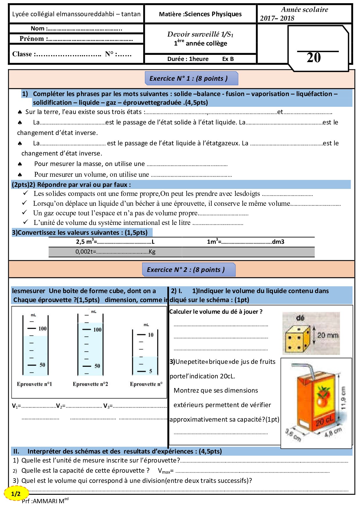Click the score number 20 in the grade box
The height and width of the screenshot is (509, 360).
(314, 57)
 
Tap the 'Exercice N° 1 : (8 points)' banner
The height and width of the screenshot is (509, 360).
(191, 78)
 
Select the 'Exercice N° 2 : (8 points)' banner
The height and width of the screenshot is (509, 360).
(188, 270)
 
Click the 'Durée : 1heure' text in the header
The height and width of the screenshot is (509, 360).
(188, 59)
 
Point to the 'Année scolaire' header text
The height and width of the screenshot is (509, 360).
(304, 10)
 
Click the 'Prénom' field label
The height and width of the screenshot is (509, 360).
(32, 39)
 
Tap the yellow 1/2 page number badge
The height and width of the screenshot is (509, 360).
(16, 494)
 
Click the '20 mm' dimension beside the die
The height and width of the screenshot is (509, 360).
(327, 335)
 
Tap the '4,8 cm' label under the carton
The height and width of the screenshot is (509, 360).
(333, 432)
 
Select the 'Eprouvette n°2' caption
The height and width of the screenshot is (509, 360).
(90, 384)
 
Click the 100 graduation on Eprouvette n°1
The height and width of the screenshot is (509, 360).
(42, 328)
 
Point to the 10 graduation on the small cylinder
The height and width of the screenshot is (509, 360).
(150, 335)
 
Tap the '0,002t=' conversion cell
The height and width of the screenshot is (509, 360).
(86, 252)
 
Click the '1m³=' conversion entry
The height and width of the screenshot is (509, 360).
(214, 241)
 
